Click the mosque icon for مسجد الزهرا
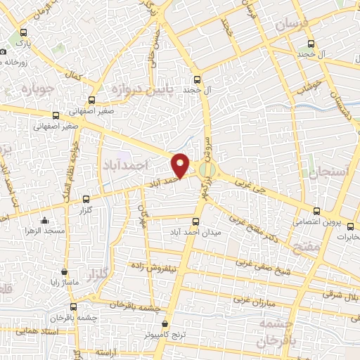click(45, 219)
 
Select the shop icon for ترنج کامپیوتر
click(165, 324)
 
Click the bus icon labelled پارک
click(25, 32)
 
